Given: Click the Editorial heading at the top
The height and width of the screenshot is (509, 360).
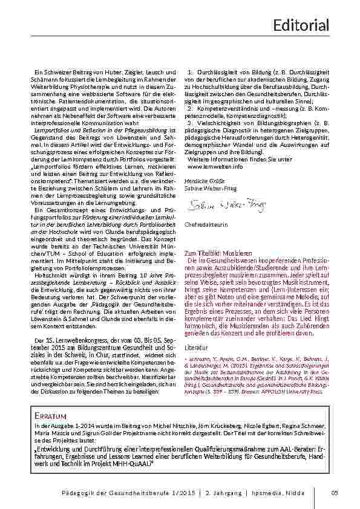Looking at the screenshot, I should (301, 25).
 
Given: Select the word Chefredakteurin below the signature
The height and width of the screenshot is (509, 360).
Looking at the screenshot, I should (204, 225).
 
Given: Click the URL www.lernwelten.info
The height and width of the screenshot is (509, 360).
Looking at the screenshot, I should (215, 166).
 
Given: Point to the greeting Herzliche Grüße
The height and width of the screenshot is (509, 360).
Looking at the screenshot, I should (200, 180).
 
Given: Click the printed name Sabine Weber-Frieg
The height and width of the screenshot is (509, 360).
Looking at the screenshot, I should (210, 188).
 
